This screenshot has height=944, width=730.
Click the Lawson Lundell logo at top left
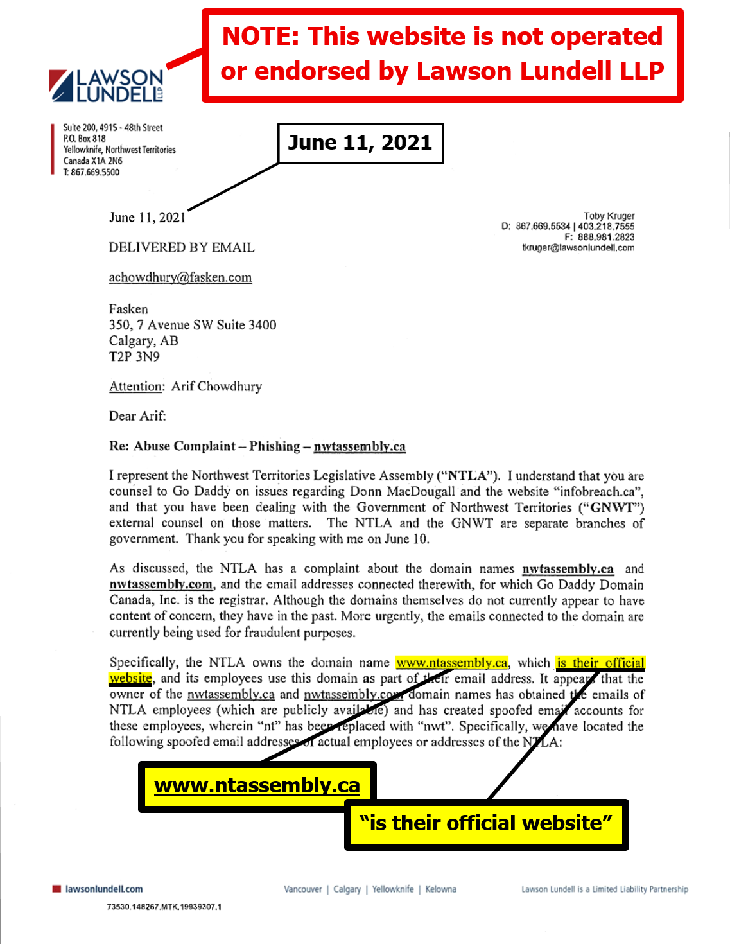pyautogui.click(x=107, y=86)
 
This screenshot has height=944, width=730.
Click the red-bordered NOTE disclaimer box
pyautogui.click(x=442, y=55)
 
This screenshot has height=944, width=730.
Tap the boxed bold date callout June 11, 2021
pyautogui.click(x=360, y=143)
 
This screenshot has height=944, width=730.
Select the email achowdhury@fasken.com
pyautogui.click(x=180, y=277)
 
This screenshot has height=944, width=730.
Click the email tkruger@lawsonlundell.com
pyautogui.click(x=578, y=247)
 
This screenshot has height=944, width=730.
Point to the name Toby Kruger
pyautogui.click(x=609, y=216)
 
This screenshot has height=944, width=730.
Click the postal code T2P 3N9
pyautogui.click(x=134, y=356)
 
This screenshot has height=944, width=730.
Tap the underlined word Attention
pyautogui.click(x=136, y=387)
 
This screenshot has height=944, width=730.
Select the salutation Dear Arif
pyautogui.click(x=137, y=416)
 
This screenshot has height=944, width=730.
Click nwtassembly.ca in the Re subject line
pyautogui.click(x=360, y=446)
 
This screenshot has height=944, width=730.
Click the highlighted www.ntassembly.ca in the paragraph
pyautogui.click(x=452, y=663)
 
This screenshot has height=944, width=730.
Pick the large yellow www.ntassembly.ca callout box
pyautogui.click(x=257, y=786)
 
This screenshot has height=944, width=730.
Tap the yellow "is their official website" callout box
pyautogui.click(x=486, y=824)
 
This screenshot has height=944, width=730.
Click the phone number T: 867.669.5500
pyautogui.click(x=91, y=172)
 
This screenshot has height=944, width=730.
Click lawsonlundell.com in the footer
pyautogui.click(x=103, y=889)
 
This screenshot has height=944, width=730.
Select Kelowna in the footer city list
pyautogui.click(x=440, y=889)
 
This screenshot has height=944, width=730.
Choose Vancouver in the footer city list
pyautogui.click(x=303, y=889)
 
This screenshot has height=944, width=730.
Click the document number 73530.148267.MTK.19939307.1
pyautogui.click(x=164, y=907)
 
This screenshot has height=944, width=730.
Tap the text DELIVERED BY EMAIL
pyautogui.click(x=182, y=248)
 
